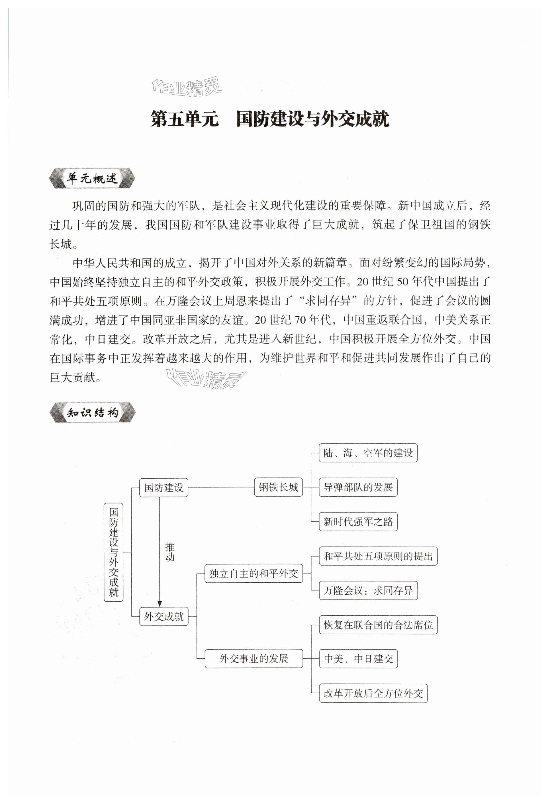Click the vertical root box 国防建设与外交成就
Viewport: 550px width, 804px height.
click(113, 552)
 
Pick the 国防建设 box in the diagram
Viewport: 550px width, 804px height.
click(163, 487)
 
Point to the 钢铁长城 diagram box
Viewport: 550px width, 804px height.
click(278, 487)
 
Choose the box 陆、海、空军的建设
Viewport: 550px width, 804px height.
click(368, 453)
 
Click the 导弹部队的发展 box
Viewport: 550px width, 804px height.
click(358, 487)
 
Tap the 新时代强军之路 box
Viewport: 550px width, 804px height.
click(358, 522)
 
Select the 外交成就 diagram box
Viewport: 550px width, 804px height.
click(163, 616)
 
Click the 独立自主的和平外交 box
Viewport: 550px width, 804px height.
click(253, 574)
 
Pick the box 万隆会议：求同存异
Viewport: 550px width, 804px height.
click(368, 591)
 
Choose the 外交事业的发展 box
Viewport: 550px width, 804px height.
click(253, 658)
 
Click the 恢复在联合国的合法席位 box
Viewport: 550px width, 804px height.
click(378, 625)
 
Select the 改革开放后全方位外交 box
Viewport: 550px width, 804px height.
click(373, 693)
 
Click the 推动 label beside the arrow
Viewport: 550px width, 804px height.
click(169, 552)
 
